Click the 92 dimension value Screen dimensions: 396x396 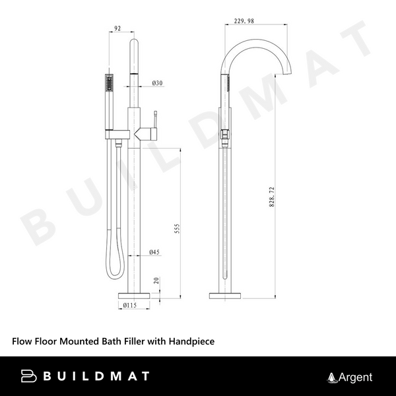[118, 28]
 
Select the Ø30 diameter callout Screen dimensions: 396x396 [157, 83]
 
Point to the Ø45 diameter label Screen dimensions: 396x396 [155, 252]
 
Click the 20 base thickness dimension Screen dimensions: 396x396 [156, 282]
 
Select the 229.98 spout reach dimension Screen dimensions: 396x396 [244, 21]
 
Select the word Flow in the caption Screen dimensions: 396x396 [23, 341]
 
